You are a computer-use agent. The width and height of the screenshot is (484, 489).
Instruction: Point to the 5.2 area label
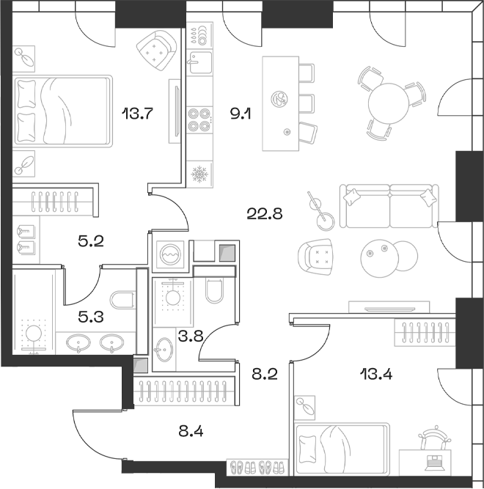92,239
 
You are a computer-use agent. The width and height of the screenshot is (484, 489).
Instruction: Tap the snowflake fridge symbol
199,174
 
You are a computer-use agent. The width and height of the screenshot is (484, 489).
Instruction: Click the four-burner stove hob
199,120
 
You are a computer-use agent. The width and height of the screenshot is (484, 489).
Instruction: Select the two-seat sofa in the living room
389,206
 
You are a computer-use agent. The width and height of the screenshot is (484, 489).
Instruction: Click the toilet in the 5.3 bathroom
121,300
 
